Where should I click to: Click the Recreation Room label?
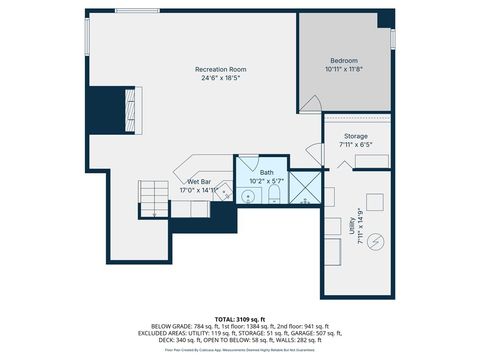click(220, 68)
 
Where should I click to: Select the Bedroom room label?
click(345, 62)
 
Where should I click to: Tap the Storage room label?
click(356, 136)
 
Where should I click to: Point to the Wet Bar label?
click(198, 181)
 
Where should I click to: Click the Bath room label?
click(266, 172)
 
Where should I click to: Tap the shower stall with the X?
click(304, 187)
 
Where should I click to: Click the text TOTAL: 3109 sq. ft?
click(240, 317)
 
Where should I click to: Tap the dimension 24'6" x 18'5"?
click(220, 77)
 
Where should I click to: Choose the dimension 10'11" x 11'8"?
click(345, 70)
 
